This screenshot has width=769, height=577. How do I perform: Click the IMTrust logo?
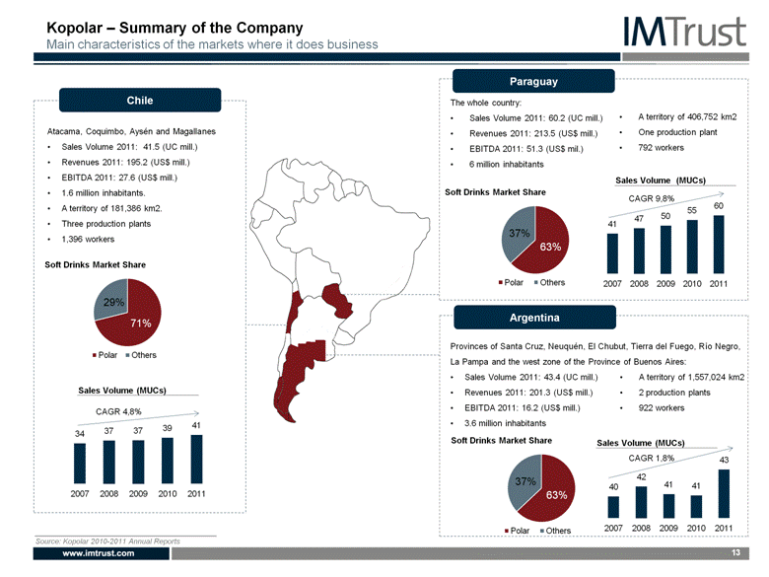pyautogui.click(x=684, y=32)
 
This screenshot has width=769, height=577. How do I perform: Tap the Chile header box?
pyautogui.click(x=140, y=100)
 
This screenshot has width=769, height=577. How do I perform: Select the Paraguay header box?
pyautogui.click(x=533, y=81)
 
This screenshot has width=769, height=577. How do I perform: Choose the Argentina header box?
pyautogui.click(x=534, y=318)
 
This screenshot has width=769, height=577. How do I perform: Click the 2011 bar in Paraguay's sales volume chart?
pyautogui.click(x=719, y=245)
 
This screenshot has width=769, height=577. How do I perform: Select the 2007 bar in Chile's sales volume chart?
pyautogui.click(x=80, y=464)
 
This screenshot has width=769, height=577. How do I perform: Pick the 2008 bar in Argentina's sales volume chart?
pyautogui.click(x=641, y=502)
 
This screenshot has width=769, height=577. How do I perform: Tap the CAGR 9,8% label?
pyautogui.click(x=652, y=198)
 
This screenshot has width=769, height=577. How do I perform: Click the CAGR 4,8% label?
pyautogui.click(x=118, y=411)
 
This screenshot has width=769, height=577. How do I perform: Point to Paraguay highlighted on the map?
pyautogui.click(x=337, y=300)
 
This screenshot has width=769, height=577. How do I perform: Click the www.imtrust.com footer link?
pyautogui.click(x=99, y=553)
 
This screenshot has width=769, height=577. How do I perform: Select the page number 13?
pyautogui.click(x=735, y=553)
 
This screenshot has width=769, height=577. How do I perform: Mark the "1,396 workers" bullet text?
pyautogui.click(x=88, y=240)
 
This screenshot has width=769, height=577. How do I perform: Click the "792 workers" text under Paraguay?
pyautogui.click(x=661, y=148)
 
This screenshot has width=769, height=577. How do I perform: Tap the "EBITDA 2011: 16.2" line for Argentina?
pyautogui.click(x=522, y=407)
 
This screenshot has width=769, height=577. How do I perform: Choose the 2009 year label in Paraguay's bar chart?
pyautogui.click(x=665, y=284)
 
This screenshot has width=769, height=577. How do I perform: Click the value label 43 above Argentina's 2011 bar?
pyautogui.click(x=724, y=460)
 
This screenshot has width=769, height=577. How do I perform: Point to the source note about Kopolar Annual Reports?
pyautogui.click(x=107, y=541)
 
